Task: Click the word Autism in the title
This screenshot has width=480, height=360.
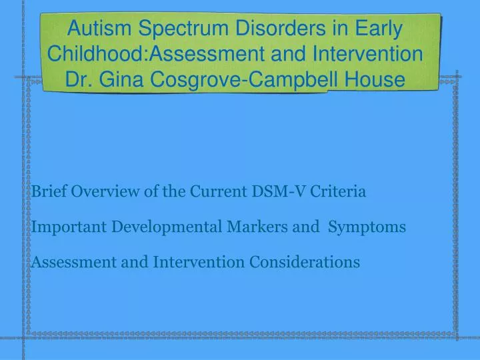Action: tap(102, 29)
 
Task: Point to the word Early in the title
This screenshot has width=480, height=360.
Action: tap(378, 29)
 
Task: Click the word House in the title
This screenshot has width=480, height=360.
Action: tap(379, 79)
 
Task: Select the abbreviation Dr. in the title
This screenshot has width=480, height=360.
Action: tap(79, 79)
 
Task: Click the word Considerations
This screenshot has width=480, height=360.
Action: tap(305, 262)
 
